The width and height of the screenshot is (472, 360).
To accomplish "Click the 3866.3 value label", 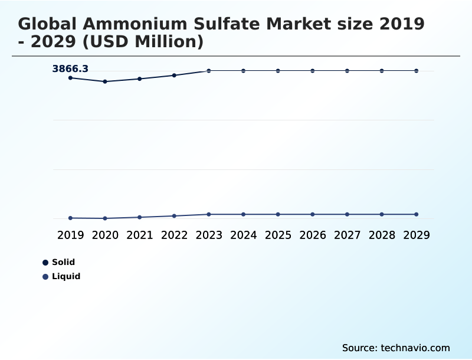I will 70,69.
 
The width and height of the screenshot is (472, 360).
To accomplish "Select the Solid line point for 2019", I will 70,78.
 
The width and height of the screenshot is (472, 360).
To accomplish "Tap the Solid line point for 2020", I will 105,81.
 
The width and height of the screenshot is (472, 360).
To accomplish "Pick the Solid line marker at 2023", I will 209,71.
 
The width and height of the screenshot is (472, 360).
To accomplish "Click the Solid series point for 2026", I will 313,71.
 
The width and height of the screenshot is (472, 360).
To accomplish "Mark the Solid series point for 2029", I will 417,71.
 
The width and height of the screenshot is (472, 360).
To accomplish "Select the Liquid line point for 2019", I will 70,218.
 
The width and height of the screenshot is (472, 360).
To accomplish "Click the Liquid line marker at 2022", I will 174,216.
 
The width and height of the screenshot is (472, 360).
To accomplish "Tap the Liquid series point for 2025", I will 278,214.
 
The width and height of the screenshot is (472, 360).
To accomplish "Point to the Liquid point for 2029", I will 417,214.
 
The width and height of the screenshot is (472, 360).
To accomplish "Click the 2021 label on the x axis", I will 140,235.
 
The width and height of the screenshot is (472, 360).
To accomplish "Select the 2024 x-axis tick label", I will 244,235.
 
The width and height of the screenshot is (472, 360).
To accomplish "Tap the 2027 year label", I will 348,235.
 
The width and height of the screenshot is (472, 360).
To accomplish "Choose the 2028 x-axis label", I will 382,235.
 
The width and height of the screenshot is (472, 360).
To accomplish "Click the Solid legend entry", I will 63,262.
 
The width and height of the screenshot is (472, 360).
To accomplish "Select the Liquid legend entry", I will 65,276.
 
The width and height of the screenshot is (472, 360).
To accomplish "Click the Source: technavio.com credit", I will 396,348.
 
